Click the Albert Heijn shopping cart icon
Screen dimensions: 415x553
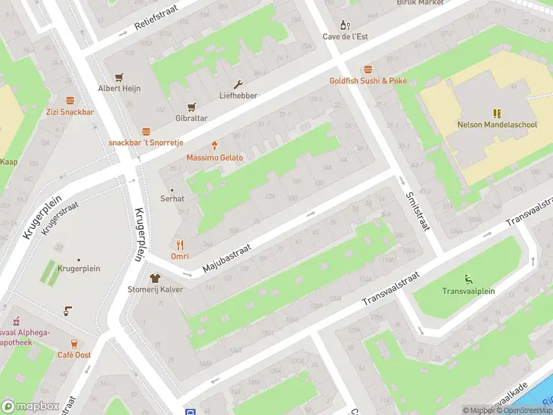click(119, 77)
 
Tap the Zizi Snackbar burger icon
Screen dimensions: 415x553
click(70, 100)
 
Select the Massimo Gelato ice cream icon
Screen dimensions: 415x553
click(215, 145)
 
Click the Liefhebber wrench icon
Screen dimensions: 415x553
click(238, 84)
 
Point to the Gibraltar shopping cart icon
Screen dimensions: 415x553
click(191, 107)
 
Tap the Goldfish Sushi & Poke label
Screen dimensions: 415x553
click(368, 81)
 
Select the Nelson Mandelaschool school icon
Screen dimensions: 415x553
click(496, 113)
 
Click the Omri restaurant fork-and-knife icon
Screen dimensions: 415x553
click(180, 244)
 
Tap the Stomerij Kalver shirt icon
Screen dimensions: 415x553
click(155, 277)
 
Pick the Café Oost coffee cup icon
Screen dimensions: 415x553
click(74, 343)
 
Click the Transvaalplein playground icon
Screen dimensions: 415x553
click(469, 279)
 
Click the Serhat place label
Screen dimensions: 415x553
click(173, 199)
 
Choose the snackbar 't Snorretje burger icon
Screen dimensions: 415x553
click(146, 131)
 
